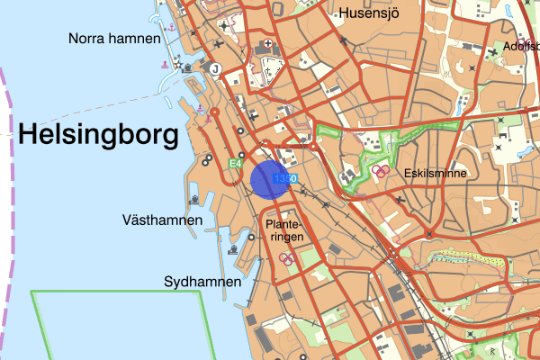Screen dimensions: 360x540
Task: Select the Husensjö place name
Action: point(368,13)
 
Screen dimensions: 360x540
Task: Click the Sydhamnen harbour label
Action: point(202,282)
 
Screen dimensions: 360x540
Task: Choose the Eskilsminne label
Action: point(436,173)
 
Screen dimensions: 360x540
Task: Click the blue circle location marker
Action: point(269,178)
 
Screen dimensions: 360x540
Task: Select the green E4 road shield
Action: point(235,164)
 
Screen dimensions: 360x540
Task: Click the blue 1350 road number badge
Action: point(285,179)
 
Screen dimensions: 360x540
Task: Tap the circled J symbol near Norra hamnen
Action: point(215,67)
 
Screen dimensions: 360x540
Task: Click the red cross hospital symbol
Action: point(267,45)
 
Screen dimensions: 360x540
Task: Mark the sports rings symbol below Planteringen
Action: point(288,258)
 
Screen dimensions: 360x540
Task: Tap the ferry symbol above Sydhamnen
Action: point(233,249)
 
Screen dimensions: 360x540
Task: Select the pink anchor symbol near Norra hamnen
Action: point(166,30)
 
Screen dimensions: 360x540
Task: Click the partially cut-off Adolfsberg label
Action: point(521,46)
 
